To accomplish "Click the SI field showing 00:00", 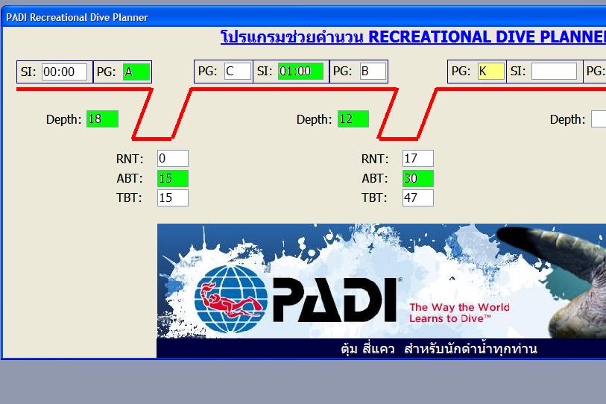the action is tap(64, 72).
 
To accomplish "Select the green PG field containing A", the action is tap(136, 72).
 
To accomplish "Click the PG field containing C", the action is tap(237, 71).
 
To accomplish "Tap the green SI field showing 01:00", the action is tap(300, 71).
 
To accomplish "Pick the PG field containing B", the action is tap(373, 71).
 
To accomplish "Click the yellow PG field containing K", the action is tap(490, 71).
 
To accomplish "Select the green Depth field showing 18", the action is tap(102, 119).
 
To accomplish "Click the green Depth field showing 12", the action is tap(353, 119).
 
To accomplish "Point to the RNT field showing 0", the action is tap(173, 159).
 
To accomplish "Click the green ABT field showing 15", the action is tap(173, 178).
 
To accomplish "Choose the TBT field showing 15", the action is tap(173, 198).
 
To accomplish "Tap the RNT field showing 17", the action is tap(417, 159).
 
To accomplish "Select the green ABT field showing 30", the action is tap(417, 178).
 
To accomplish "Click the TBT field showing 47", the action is tap(417, 198).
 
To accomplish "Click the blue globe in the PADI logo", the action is tap(231, 299).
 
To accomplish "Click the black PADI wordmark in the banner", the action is tap(335, 300).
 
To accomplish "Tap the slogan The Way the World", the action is tap(459, 307).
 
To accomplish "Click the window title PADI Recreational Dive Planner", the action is tap(77, 17).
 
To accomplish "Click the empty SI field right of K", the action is tap(554, 71).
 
